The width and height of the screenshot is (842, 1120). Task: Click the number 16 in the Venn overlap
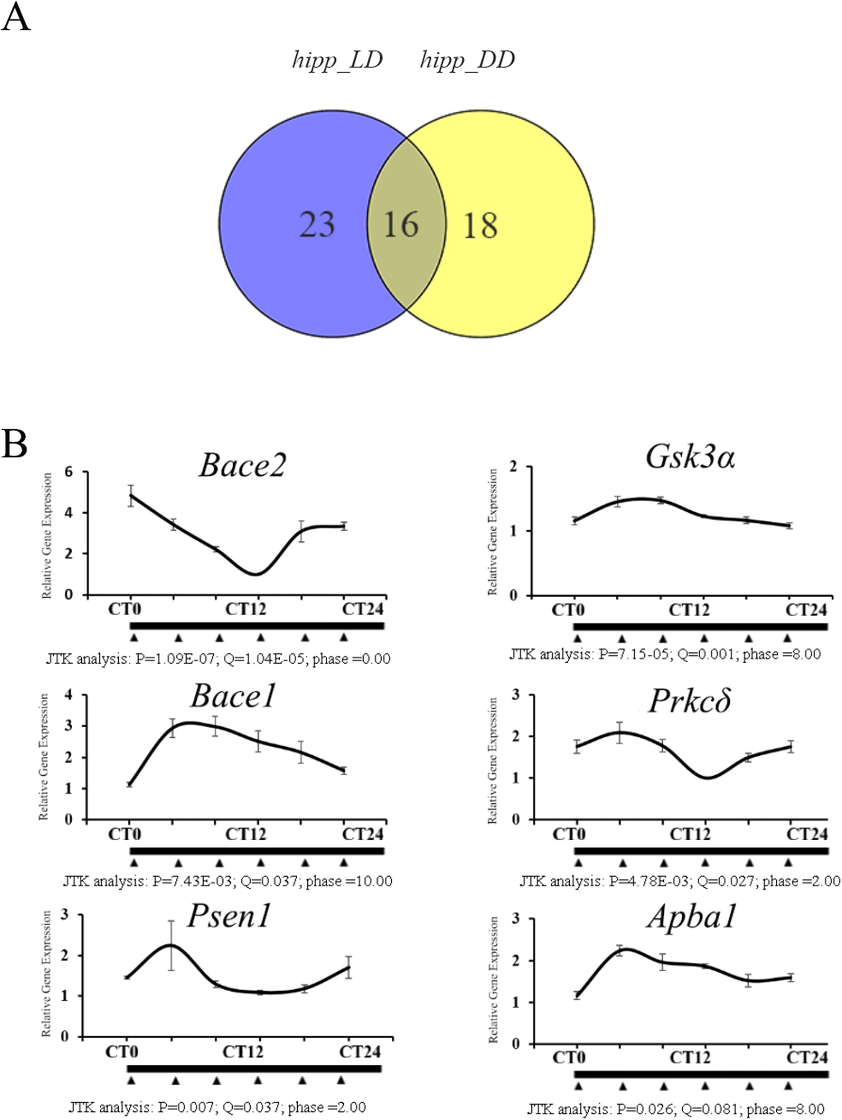tap(401, 225)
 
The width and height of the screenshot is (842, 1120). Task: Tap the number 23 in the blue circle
tap(317, 225)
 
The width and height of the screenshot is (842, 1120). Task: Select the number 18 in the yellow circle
tap(480, 225)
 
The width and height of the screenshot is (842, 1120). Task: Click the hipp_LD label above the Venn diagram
tap(337, 60)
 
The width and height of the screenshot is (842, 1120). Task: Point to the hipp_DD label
tap(467, 60)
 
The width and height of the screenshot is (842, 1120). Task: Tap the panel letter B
tap(14, 444)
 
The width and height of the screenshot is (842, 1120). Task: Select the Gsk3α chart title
tap(690, 457)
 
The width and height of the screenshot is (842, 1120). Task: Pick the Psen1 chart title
tap(228, 916)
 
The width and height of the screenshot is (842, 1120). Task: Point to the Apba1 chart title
tap(692, 917)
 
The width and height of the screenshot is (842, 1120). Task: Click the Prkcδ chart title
tap(690, 701)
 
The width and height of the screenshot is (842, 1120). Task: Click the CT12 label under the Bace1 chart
tap(245, 834)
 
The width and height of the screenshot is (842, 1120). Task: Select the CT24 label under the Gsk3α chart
tap(806, 610)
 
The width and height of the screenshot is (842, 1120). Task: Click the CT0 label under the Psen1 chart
tap(121, 1052)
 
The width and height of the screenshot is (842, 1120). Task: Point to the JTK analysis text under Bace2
tap(218, 658)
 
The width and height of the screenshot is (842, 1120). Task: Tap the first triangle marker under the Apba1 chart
tap(578, 1086)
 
